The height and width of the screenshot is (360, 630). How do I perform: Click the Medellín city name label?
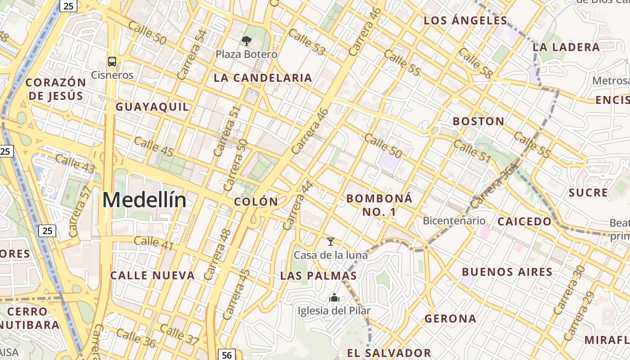tap(144, 200)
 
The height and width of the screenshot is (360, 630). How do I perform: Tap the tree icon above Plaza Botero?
tap(246, 41)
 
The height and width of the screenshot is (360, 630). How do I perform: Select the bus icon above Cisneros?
tap(112, 62)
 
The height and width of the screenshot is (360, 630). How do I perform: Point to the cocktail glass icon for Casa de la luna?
tap(331, 242)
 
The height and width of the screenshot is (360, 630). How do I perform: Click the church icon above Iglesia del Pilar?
tap(334, 297)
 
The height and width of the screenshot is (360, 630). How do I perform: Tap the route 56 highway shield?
tap(227, 355)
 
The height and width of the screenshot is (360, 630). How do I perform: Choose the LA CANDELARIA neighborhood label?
tap(263, 78)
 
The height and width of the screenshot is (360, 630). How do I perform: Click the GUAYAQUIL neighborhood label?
tap(153, 107)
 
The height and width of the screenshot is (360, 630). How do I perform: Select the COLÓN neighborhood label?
tap(256, 202)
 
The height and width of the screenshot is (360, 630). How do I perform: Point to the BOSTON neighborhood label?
tap(478, 121)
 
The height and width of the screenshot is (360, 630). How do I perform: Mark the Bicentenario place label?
tap(454, 220)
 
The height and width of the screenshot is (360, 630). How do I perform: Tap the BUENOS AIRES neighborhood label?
tap(507, 272)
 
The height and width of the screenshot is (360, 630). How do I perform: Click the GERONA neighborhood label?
tap(450, 319)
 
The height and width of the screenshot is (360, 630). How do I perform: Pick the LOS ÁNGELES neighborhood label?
tap(466, 21)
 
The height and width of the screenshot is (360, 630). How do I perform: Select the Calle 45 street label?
tap(153, 147)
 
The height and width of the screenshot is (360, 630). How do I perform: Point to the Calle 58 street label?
tap(475, 63)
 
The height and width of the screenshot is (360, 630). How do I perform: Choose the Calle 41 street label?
tap(153, 243)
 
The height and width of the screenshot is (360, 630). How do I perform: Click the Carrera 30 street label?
tap(569, 290)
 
